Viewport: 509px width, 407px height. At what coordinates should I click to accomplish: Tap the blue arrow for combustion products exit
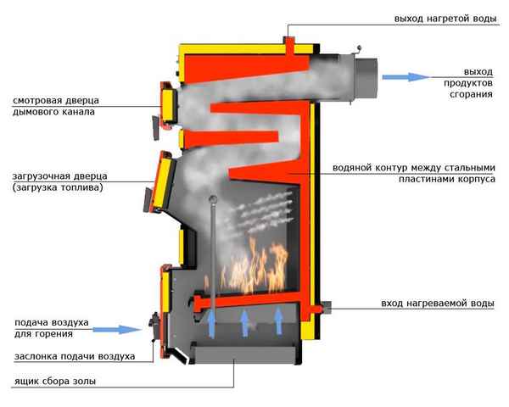pyautogui.click(x=406, y=77)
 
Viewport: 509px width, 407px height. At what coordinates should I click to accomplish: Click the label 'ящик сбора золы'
pyautogui.click(x=54, y=382)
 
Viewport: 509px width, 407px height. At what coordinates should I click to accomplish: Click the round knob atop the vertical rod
pyautogui.click(x=212, y=201)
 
